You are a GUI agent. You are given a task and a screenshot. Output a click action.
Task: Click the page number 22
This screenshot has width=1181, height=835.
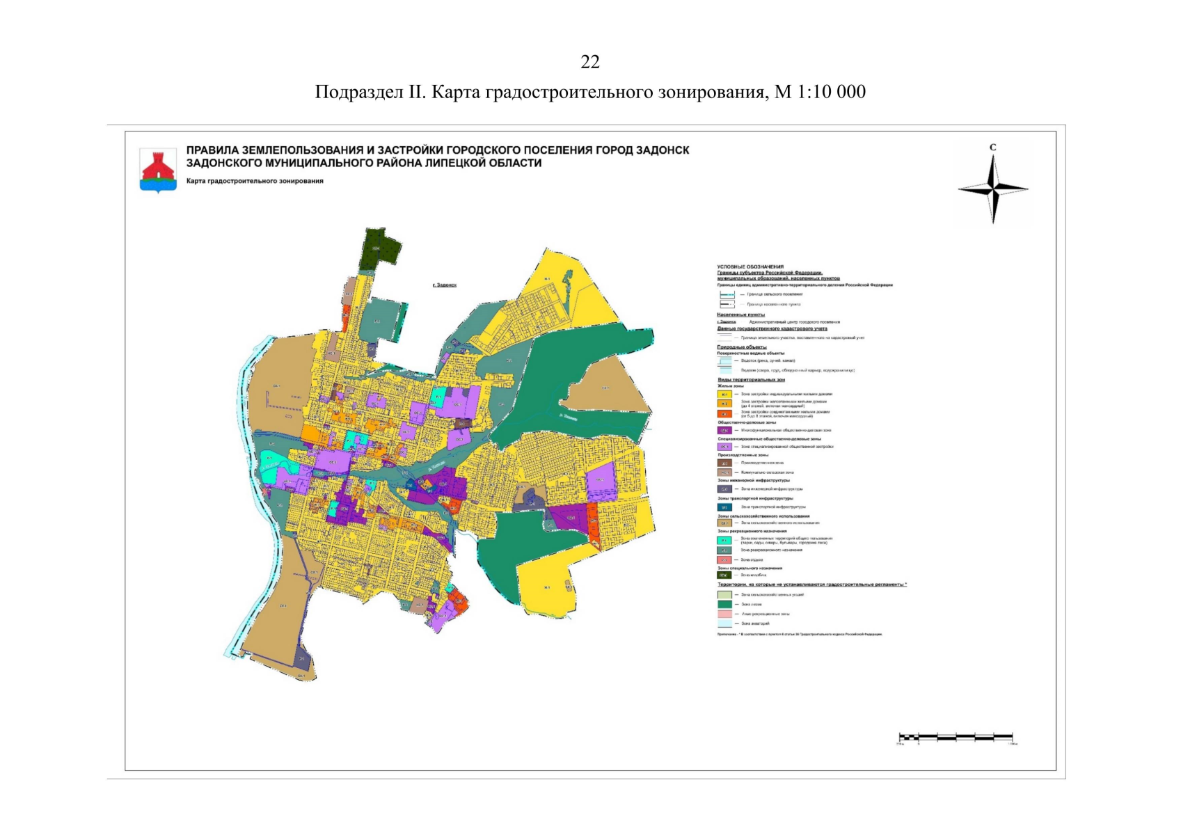[x=589, y=63]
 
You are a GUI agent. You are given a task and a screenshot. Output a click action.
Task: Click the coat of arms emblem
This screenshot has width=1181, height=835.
[x=158, y=170]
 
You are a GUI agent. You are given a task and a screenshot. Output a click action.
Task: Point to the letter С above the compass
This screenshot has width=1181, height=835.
[x=993, y=148]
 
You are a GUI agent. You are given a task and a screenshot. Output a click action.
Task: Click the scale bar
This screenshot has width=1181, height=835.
[x=956, y=736]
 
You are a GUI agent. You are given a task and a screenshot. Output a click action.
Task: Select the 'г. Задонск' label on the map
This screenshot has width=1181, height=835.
[x=444, y=285]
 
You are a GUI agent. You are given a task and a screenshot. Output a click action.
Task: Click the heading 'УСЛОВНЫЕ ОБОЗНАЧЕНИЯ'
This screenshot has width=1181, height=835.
[x=750, y=267]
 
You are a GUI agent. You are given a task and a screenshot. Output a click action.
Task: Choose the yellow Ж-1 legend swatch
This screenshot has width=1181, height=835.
[x=724, y=394]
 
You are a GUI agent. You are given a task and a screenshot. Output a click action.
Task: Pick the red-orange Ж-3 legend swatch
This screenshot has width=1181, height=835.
[x=724, y=413]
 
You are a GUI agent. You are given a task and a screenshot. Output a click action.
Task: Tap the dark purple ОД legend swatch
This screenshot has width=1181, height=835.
[x=724, y=431]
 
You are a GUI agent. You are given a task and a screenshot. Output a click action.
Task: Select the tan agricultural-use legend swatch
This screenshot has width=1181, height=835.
[x=724, y=523]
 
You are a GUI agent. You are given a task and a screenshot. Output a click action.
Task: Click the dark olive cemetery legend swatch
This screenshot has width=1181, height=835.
[x=724, y=575]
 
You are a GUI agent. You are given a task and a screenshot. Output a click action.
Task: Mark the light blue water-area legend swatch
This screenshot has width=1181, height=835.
[x=724, y=623]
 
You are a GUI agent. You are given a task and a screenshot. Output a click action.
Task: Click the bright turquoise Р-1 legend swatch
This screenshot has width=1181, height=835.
[x=724, y=540]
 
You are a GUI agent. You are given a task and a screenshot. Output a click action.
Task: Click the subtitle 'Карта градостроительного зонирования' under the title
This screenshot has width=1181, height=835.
[x=255, y=181]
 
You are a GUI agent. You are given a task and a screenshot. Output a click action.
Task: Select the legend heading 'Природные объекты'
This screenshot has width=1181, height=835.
[x=742, y=347]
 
